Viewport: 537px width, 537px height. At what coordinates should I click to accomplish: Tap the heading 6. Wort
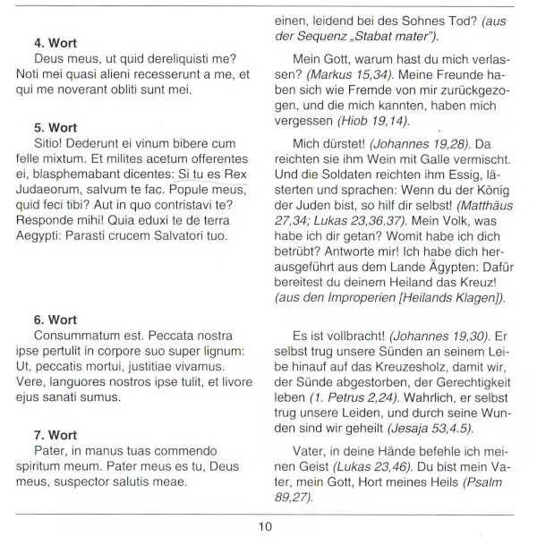click(55, 320)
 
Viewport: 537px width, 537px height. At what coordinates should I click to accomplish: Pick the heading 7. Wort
click(55, 435)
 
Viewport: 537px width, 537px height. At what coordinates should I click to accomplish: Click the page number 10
click(266, 526)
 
